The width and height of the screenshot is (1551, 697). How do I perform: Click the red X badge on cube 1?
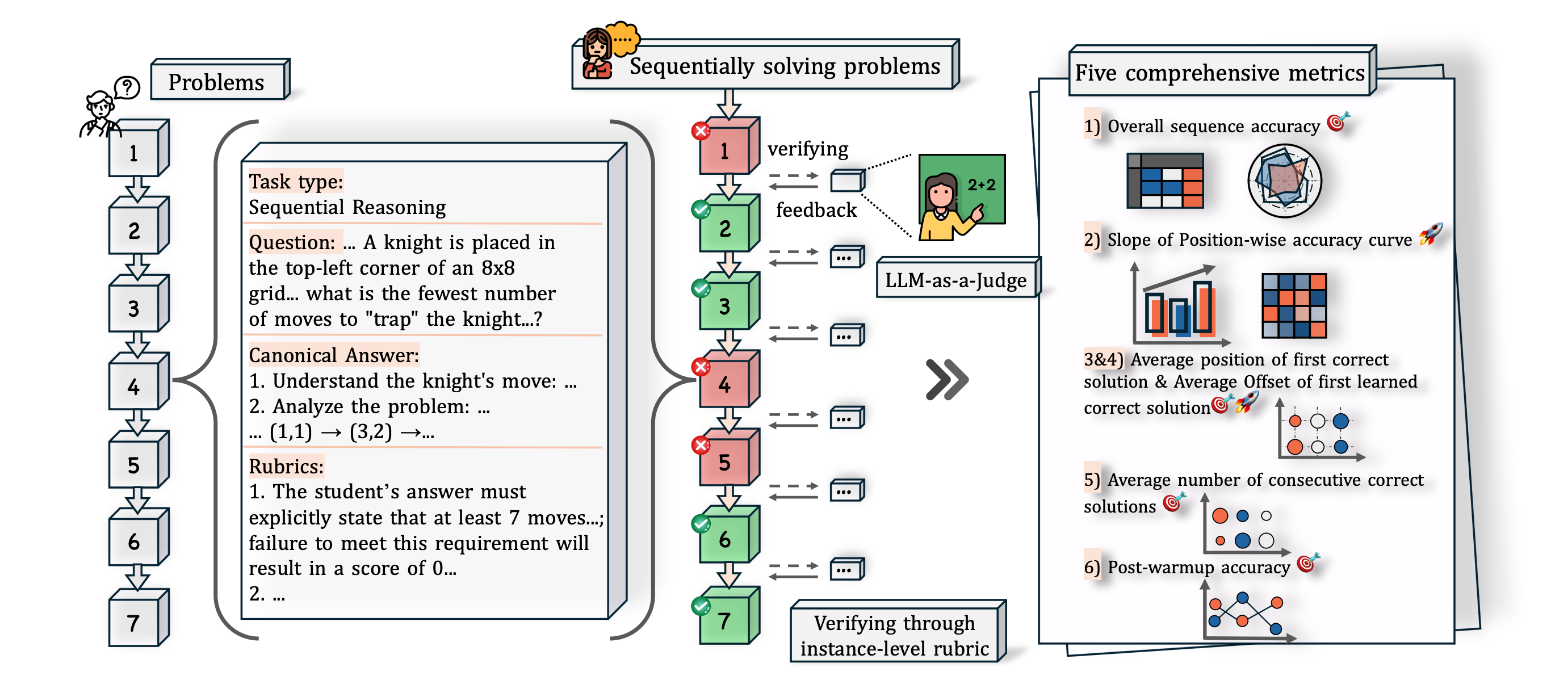pyautogui.click(x=701, y=131)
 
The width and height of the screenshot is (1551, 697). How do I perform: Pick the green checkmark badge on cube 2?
pyautogui.click(x=701, y=209)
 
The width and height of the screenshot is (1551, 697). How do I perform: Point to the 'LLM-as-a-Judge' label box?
pyautogui.click(x=956, y=280)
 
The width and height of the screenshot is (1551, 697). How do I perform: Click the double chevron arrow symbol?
pyautogui.click(x=946, y=379)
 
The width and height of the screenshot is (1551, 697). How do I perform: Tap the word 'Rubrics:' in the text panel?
pyautogui.click(x=287, y=466)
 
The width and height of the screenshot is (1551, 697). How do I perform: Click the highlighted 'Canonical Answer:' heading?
pyautogui.click(x=334, y=355)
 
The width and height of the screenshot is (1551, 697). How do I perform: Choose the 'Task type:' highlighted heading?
pyautogui.click(x=296, y=181)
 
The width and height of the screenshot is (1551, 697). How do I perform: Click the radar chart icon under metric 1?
pyautogui.click(x=1284, y=180)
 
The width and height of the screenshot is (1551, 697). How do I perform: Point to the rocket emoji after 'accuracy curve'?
pyautogui.click(x=1431, y=235)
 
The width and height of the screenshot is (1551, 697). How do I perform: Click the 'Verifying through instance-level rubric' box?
pyautogui.click(x=895, y=635)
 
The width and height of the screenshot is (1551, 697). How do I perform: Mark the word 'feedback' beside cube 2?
pyautogui.click(x=816, y=210)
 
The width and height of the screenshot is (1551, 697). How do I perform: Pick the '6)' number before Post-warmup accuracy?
pyautogui.click(x=1092, y=567)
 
